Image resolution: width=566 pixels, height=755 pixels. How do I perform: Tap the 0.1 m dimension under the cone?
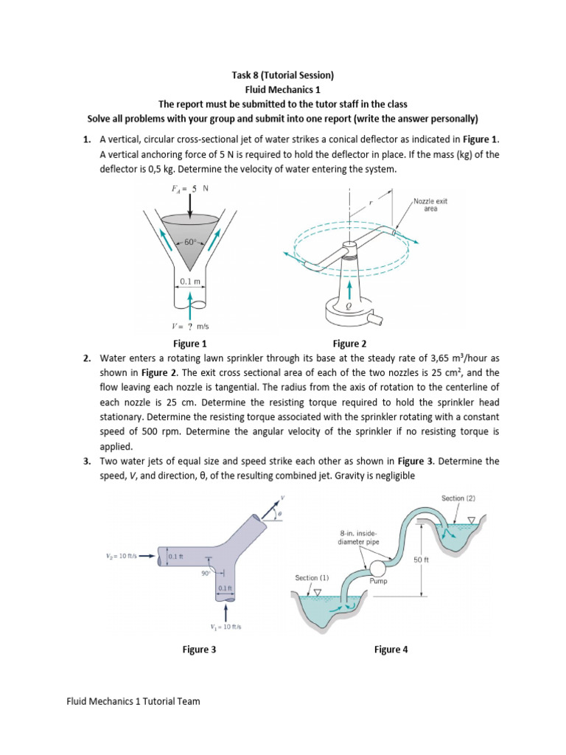click(190, 281)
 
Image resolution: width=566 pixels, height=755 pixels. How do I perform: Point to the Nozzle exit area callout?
click(427, 204)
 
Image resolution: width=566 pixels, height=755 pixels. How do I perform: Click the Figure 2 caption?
click(349, 344)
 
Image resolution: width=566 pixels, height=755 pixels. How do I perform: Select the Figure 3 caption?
click(199, 650)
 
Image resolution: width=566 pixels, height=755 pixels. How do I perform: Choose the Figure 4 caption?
click(391, 650)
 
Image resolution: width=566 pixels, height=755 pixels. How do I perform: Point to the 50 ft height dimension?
click(422, 560)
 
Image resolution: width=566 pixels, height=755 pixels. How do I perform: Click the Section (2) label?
click(458, 498)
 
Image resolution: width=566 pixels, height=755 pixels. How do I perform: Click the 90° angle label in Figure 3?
click(206, 571)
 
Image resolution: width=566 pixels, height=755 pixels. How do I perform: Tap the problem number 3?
click(86, 461)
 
